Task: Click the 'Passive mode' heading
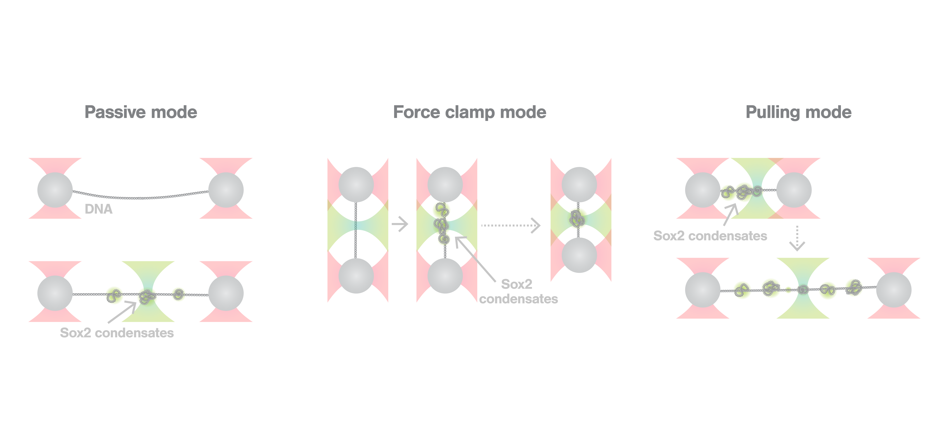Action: pyautogui.click(x=141, y=112)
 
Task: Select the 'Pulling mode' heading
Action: pyautogui.click(x=798, y=112)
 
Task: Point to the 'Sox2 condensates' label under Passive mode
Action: pyautogui.click(x=117, y=333)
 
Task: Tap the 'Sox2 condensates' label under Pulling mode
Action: pyautogui.click(x=710, y=236)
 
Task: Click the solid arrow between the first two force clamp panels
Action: pyautogui.click(x=400, y=224)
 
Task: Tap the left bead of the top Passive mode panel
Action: pyautogui.click(x=55, y=190)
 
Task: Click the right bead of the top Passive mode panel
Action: pyautogui.click(x=226, y=190)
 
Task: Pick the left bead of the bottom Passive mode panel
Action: pyautogui.click(x=55, y=293)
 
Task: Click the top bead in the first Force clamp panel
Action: pyautogui.click(x=356, y=184)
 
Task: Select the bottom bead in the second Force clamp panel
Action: pyautogui.click(x=445, y=276)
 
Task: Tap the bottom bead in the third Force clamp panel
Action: pyautogui.click(x=579, y=255)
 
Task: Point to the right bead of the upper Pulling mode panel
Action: pyautogui.click(x=794, y=190)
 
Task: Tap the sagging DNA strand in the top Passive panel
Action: pyautogui.click(x=140, y=198)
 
